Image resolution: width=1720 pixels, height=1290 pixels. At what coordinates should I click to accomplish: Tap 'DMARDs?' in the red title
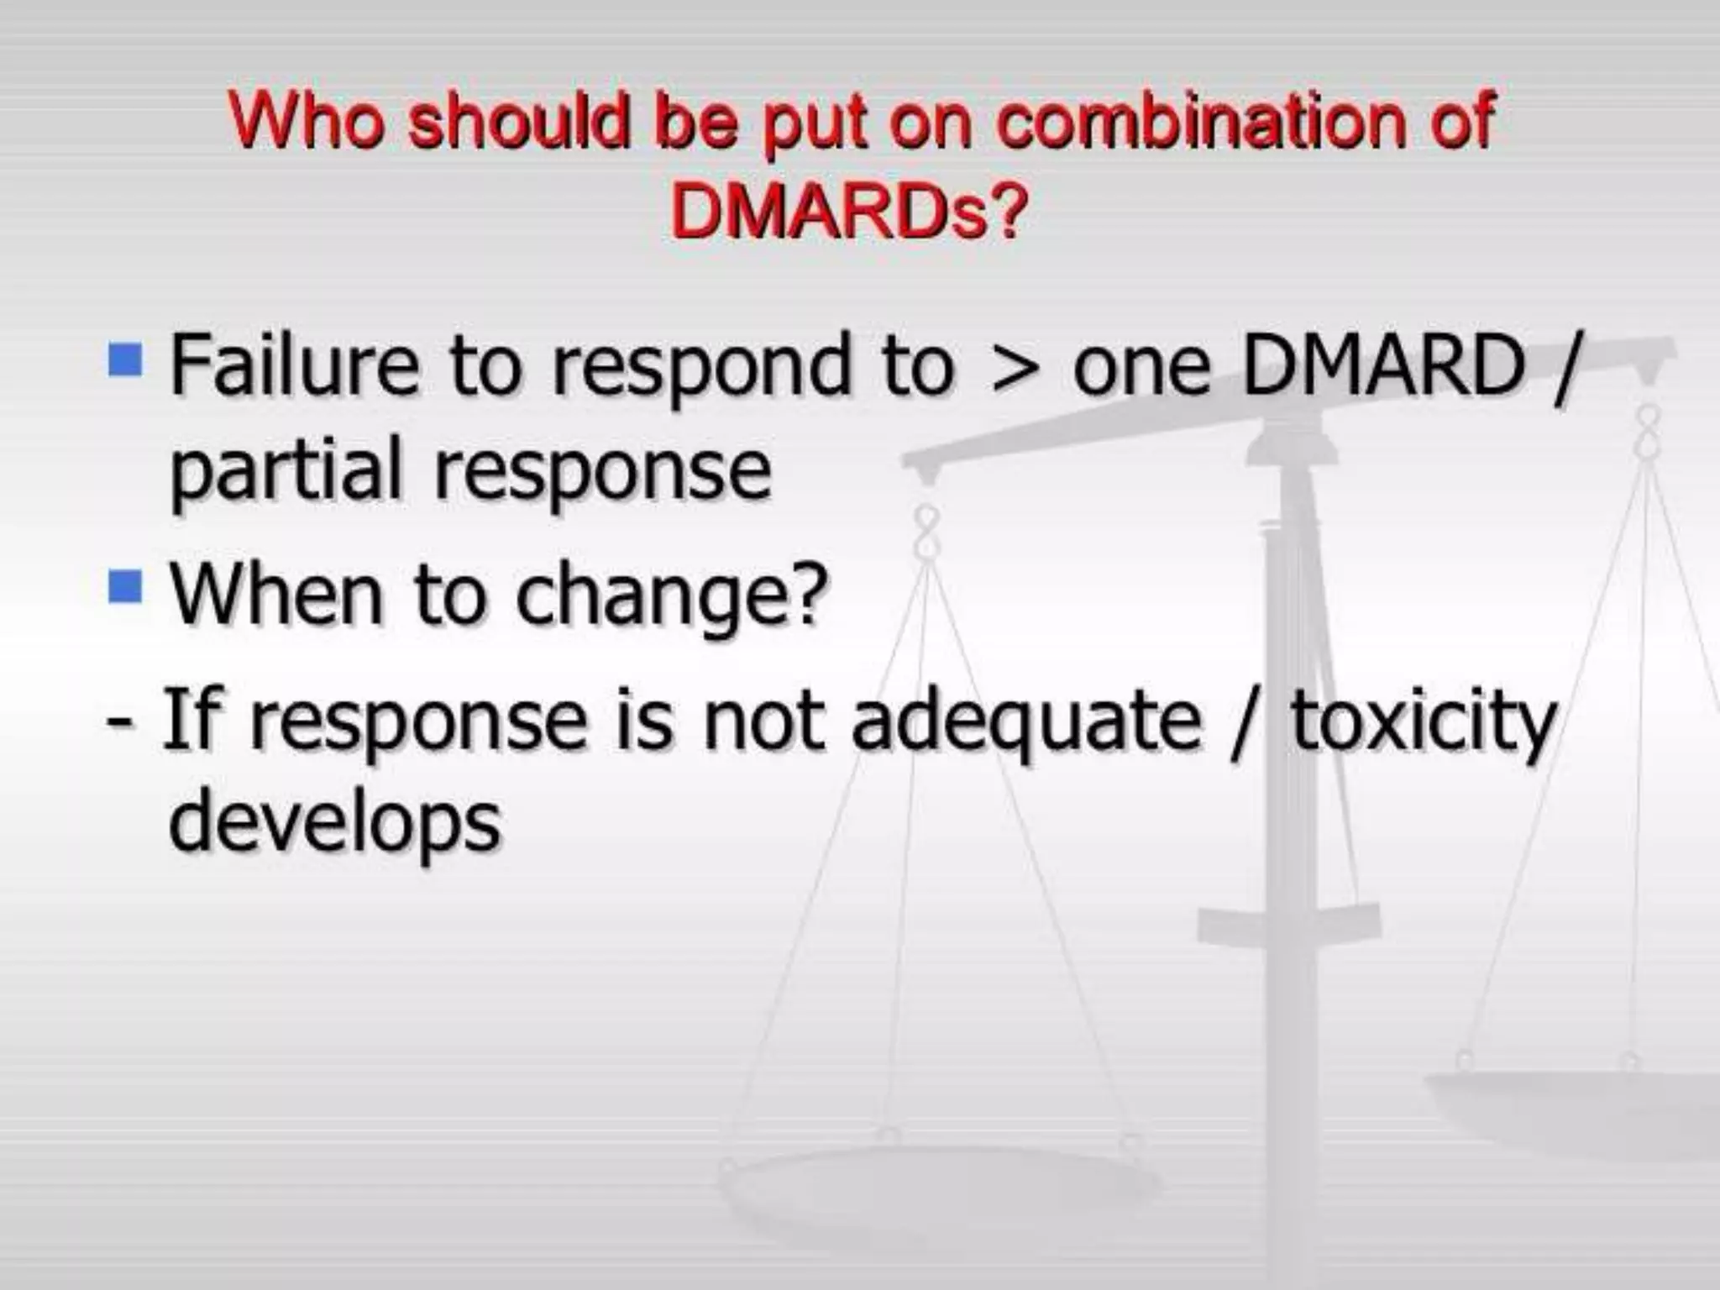pyautogui.click(x=848, y=210)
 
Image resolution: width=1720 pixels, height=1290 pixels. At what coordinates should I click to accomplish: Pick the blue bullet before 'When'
pyautogui.click(x=125, y=585)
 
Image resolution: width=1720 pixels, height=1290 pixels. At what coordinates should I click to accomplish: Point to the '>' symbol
pyautogui.click(x=1014, y=367)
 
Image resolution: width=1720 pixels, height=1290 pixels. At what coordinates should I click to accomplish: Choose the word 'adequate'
pyautogui.click(x=1026, y=722)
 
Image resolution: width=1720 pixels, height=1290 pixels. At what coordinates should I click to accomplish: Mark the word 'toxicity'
pyautogui.click(x=1424, y=722)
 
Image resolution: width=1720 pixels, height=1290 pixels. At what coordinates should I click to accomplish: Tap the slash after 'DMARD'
pyautogui.click(x=1564, y=367)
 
